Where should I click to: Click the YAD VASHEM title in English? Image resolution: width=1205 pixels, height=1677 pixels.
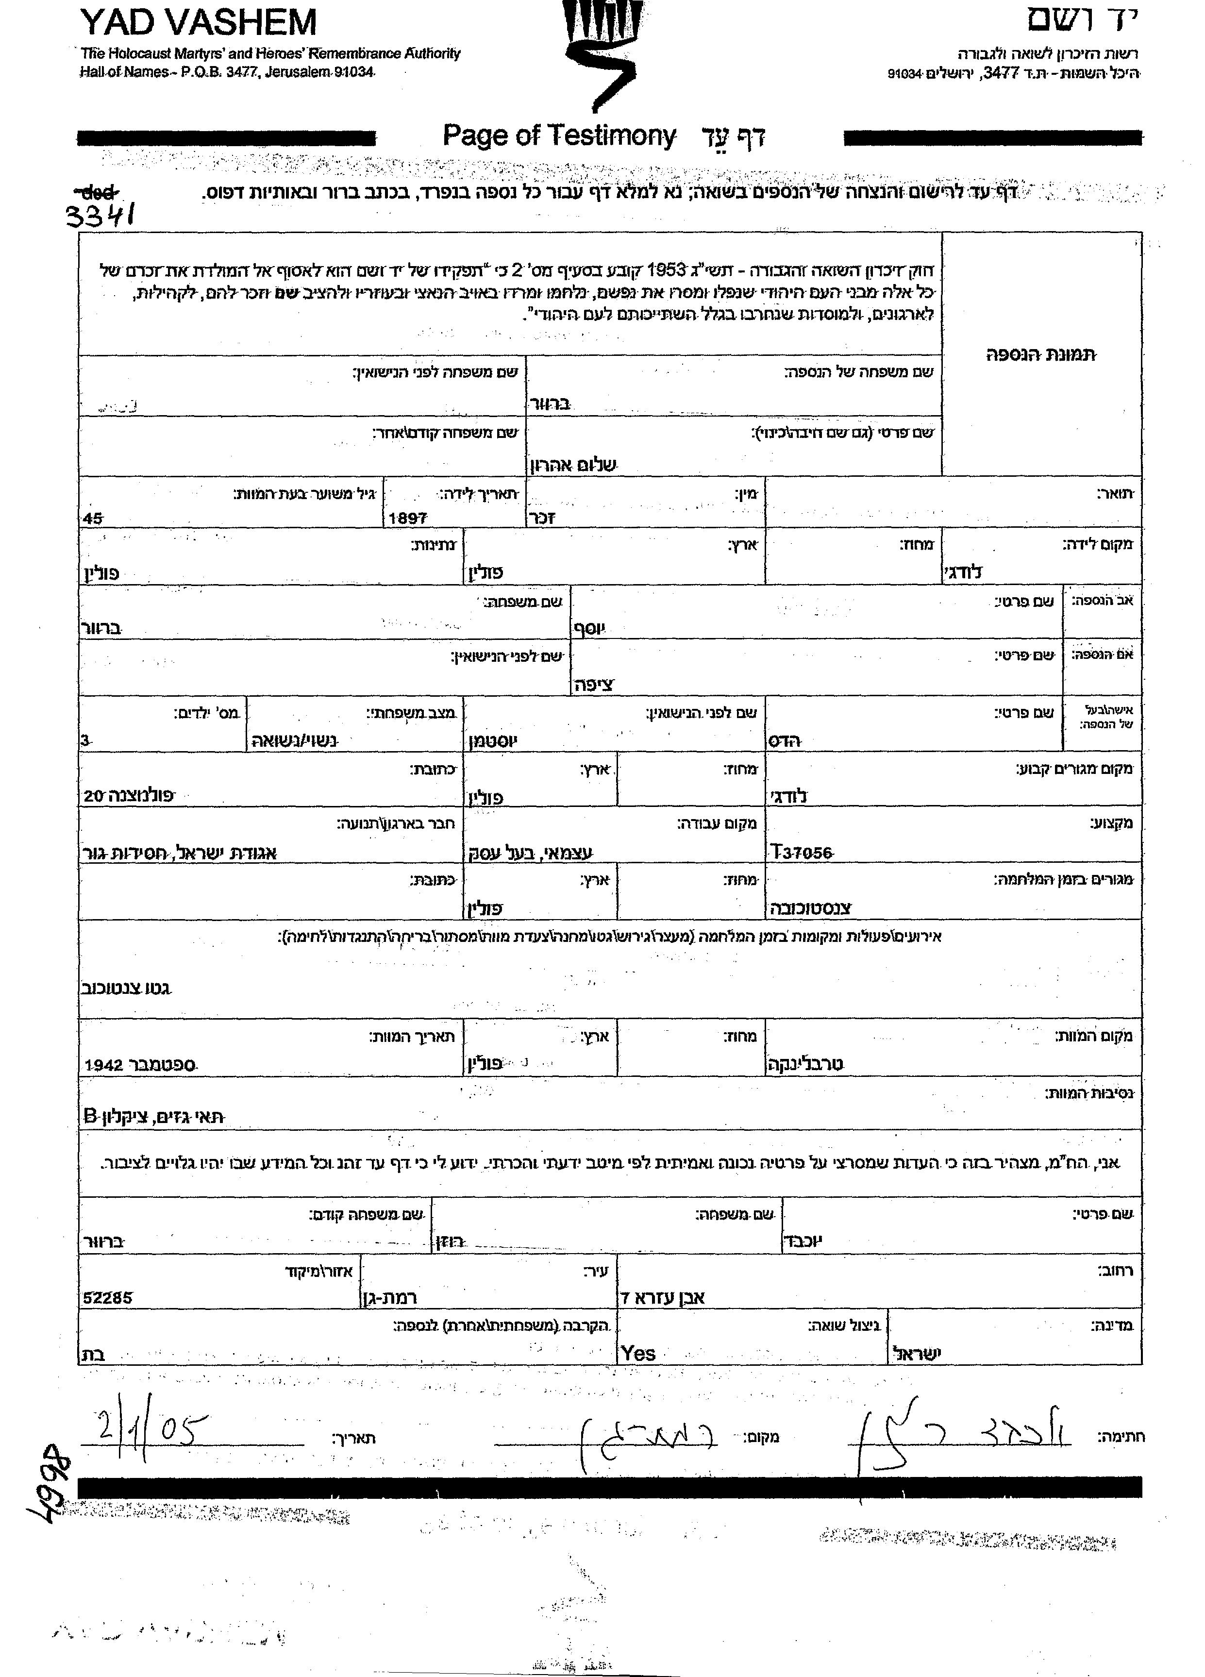198,22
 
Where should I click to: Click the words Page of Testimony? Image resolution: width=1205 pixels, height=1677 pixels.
559,136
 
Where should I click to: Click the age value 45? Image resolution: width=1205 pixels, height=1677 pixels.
94,519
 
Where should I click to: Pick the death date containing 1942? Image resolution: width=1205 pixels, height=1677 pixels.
140,1065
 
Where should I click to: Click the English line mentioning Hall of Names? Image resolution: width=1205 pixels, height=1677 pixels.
228,72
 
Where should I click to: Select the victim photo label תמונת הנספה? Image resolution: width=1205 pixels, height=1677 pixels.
1041,355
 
